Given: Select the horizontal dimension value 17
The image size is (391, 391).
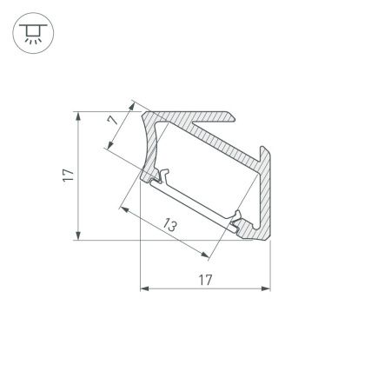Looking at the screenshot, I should click(x=204, y=279).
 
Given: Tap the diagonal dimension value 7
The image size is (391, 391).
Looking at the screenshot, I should click(x=113, y=123).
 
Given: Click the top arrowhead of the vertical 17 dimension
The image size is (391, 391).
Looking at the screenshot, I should click(x=79, y=116).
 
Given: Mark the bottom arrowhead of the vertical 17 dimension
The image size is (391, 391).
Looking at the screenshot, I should click(x=79, y=236).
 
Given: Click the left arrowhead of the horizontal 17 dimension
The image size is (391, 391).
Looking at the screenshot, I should click(x=144, y=288).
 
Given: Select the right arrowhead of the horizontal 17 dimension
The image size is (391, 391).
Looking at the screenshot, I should click(x=265, y=288).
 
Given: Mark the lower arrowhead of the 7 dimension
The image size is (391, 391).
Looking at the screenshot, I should click(x=106, y=148).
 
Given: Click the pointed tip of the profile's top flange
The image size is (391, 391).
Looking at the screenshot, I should click(x=235, y=115).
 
